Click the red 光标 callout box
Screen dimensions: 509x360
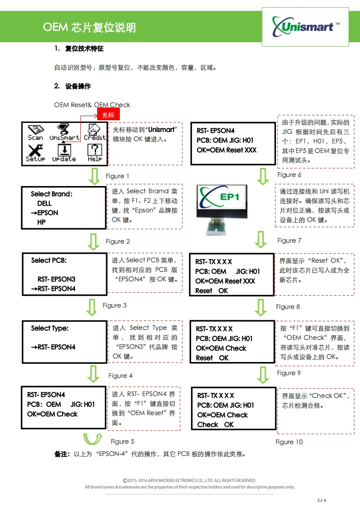point(108,115)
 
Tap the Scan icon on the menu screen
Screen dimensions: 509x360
point(35,132)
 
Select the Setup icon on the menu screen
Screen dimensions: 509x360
point(35,153)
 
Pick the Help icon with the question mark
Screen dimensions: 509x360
point(94,153)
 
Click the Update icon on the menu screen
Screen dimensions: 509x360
point(64,153)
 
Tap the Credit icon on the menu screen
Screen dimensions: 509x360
point(94,132)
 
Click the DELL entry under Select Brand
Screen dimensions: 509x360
point(44,203)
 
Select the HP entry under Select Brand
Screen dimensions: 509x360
point(41,222)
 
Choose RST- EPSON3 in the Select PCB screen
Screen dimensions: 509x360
point(56,279)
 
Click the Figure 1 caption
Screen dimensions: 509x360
point(118,176)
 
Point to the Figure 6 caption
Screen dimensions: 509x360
point(289,175)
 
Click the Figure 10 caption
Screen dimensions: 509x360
point(289,442)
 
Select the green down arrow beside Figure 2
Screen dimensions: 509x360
point(94,241)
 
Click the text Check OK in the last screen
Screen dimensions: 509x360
point(216,425)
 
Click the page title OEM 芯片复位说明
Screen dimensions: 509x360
point(89,28)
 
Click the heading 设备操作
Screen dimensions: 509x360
point(78,86)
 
